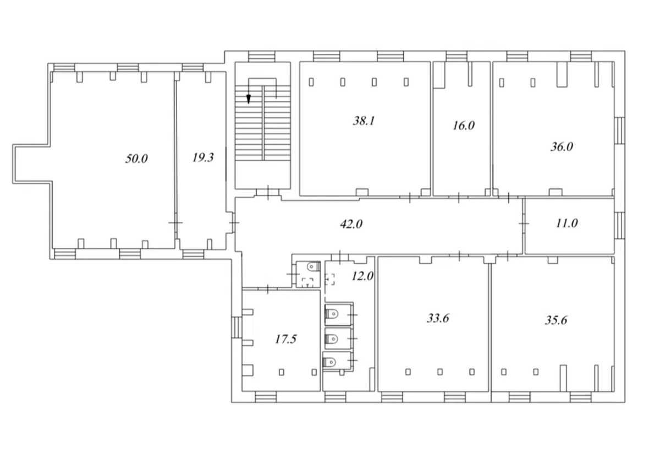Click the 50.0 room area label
(136, 159)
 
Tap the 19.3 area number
(203, 157)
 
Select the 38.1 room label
(364, 121)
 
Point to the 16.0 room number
(464, 126)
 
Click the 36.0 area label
(562, 146)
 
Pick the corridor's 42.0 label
(351, 224)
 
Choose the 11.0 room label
(567, 223)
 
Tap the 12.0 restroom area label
(362, 276)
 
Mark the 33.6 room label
(438, 318)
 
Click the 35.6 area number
(556, 320)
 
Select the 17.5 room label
(286, 339)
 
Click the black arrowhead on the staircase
(249, 99)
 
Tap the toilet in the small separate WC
(313, 267)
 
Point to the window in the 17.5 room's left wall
(236, 327)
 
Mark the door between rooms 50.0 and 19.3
(175, 222)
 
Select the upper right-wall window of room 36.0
(619, 130)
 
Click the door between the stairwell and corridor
(268, 193)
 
